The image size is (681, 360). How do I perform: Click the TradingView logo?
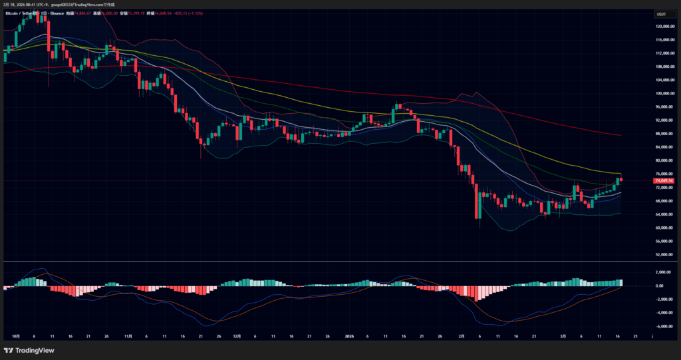(29, 350)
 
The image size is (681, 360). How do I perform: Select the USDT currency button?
(661, 13)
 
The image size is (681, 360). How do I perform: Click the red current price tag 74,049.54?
(664, 180)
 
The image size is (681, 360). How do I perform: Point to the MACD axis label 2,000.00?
(663, 272)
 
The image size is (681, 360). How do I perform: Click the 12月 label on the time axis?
(237, 337)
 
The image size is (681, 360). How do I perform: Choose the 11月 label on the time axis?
(127, 337)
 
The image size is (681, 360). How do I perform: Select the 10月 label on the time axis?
(16, 337)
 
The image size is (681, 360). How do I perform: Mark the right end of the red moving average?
(620, 135)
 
